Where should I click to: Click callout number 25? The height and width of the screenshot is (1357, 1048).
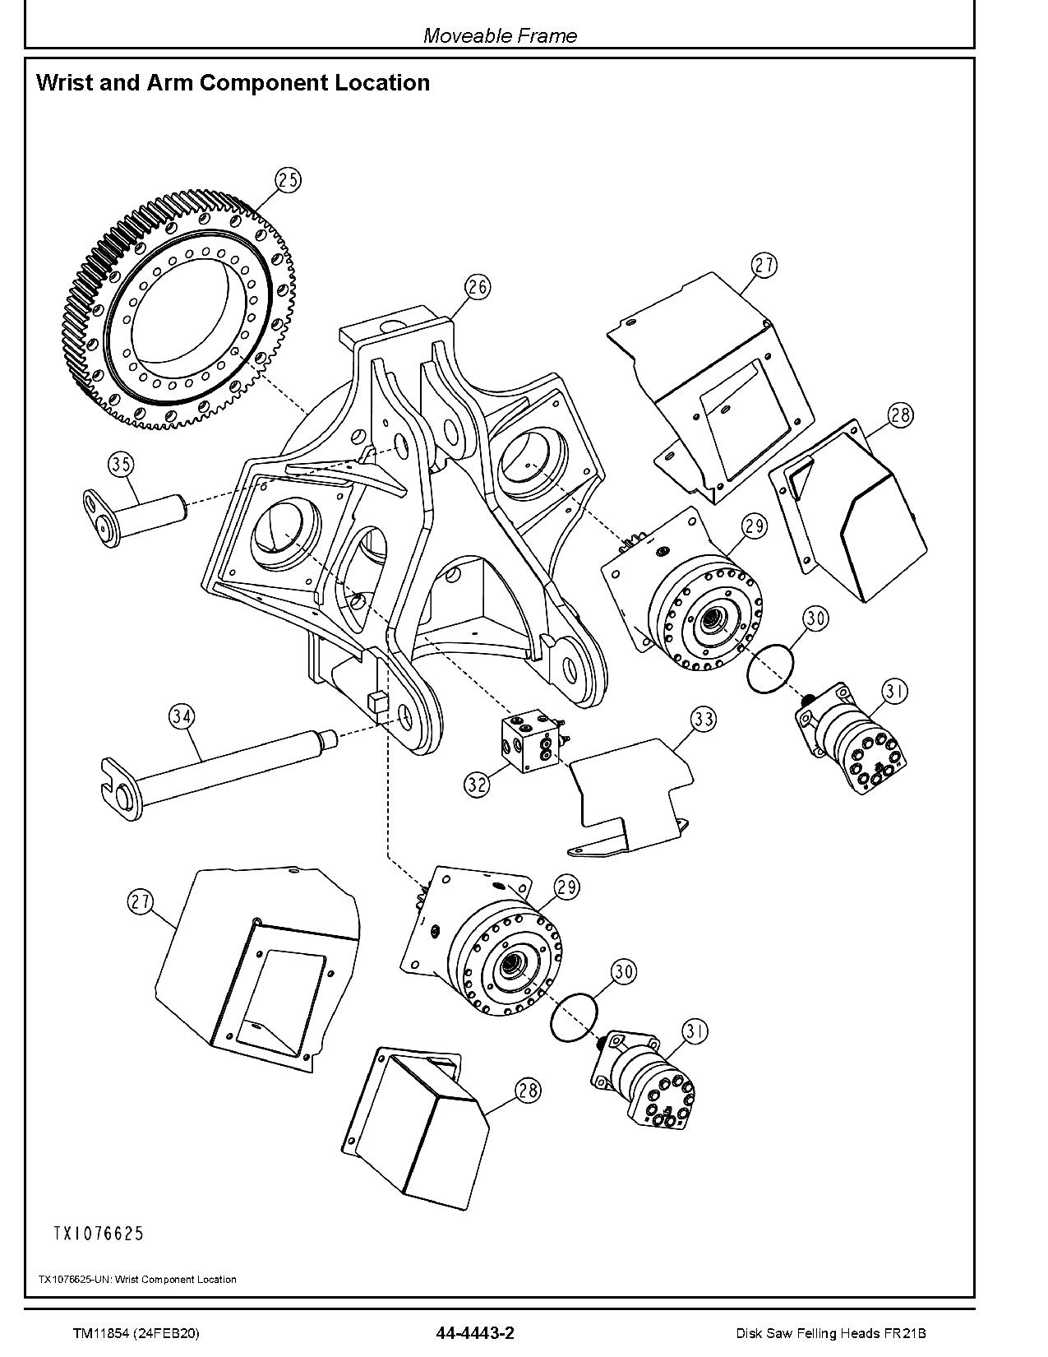pyautogui.click(x=288, y=179)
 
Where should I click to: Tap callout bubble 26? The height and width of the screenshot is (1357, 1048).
pyautogui.click(x=478, y=287)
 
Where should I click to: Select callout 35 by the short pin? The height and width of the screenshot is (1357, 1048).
pyautogui.click(x=121, y=465)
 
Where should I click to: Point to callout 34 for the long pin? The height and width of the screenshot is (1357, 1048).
pyautogui.click(x=182, y=716)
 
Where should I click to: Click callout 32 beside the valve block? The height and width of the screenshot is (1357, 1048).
pyautogui.click(x=477, y=784)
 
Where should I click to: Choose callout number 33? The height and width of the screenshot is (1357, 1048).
pyautogui.click(x=703, y=720)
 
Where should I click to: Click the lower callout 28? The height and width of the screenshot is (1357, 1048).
pyautogui.click(x=528, y=1091)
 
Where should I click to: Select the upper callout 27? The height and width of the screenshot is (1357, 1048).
pyautogui.click(x=764, y=265)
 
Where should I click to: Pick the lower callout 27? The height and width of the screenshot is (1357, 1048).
pyautogui.click(x=141, y=902)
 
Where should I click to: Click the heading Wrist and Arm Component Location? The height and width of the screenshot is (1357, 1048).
pyautogui.click(x=233, y=83)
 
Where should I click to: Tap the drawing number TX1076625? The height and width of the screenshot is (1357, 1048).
pyautogui.click(x=99, y=1233)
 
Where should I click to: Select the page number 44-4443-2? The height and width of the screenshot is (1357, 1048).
pyautogui.click(x=476, y=1333)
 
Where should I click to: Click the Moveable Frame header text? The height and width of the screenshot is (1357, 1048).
pyautogui.click(x=500, y=35)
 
